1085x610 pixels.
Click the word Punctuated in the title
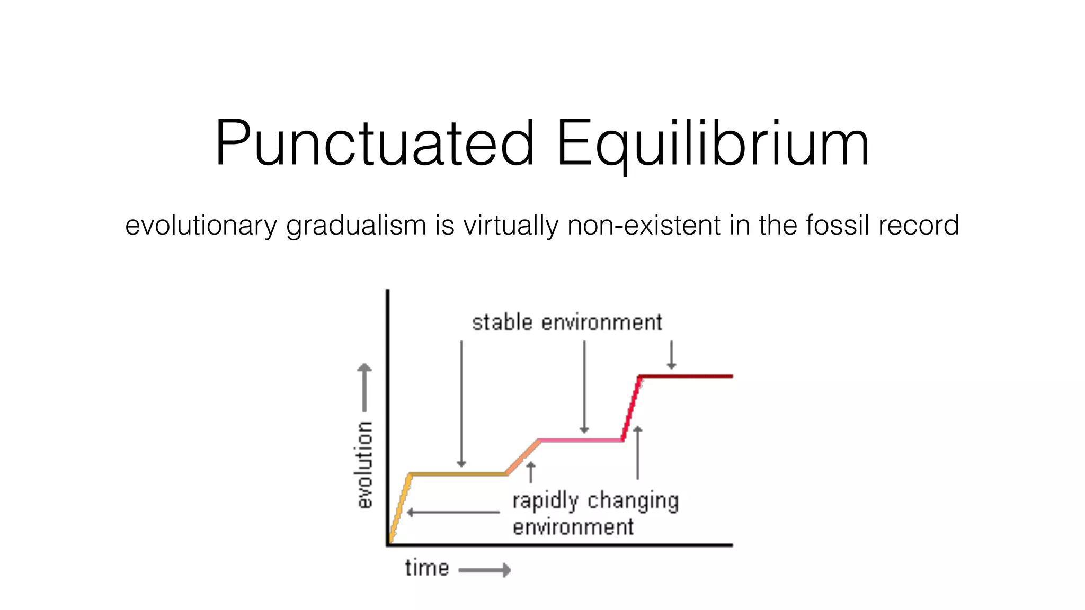[x=374, y=144]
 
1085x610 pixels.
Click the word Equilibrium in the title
[x=712, y=144]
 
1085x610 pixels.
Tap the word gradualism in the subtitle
[x=356, y=226]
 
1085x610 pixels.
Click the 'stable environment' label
[x=566, y=322]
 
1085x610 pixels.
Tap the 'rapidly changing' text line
[x=595, y=501]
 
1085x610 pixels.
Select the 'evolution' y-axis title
[x=364, y=465]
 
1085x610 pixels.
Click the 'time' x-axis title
[x=427, y=568]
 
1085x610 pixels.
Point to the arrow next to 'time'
[x=484, y=570]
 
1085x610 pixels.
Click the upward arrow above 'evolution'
[x=364, y=387]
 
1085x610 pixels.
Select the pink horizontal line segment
[x=581, y=440]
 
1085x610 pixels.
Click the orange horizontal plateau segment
[x=459, y=474]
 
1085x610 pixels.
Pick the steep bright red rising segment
[x=631, y=408]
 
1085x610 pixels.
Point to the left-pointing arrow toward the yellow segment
[x=453, y=513]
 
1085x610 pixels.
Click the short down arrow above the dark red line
[x=671, y=355]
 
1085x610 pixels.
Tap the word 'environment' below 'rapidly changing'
[x=573, y=527]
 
